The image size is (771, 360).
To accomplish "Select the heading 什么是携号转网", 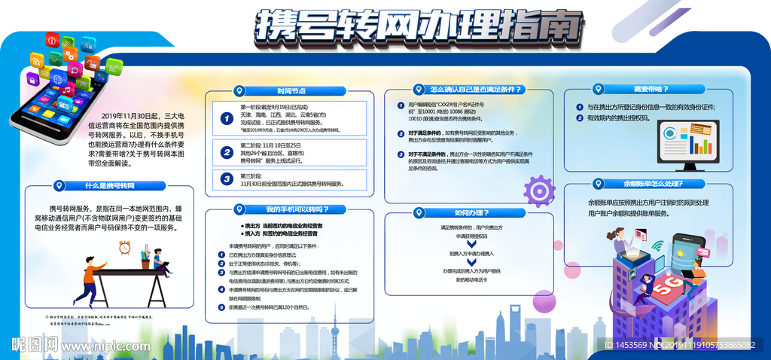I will click(109, 185).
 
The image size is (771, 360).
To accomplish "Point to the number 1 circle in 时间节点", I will click(226, 118).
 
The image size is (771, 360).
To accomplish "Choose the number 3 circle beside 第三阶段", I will click(226, 178).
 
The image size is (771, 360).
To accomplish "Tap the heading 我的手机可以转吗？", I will click(296, 209).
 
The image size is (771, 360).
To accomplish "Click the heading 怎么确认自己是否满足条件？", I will click(476, 90).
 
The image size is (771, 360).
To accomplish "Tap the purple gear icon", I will click(539, 190).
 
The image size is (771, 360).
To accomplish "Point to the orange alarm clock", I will click(124, 246).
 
